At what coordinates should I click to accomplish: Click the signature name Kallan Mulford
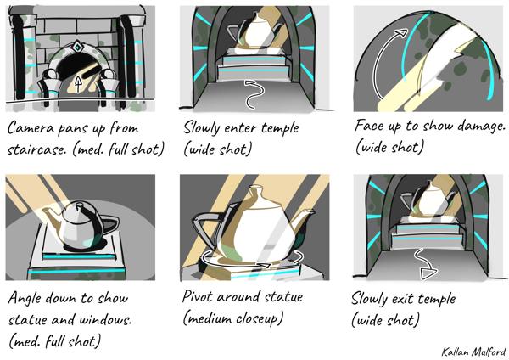click(473, 352)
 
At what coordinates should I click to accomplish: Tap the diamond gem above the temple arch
click(77, 47)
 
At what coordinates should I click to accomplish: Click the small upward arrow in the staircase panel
click(78, 84)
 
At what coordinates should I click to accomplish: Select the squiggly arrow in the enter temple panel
click(253, 94)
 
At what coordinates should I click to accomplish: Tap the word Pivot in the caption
click(198, 296)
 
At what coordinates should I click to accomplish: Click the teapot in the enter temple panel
click(255, 32)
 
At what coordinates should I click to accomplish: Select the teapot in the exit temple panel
click(429, 200)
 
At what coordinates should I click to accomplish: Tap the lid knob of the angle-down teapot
click(78, 205)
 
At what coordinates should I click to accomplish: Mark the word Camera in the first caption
click(31, 127)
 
